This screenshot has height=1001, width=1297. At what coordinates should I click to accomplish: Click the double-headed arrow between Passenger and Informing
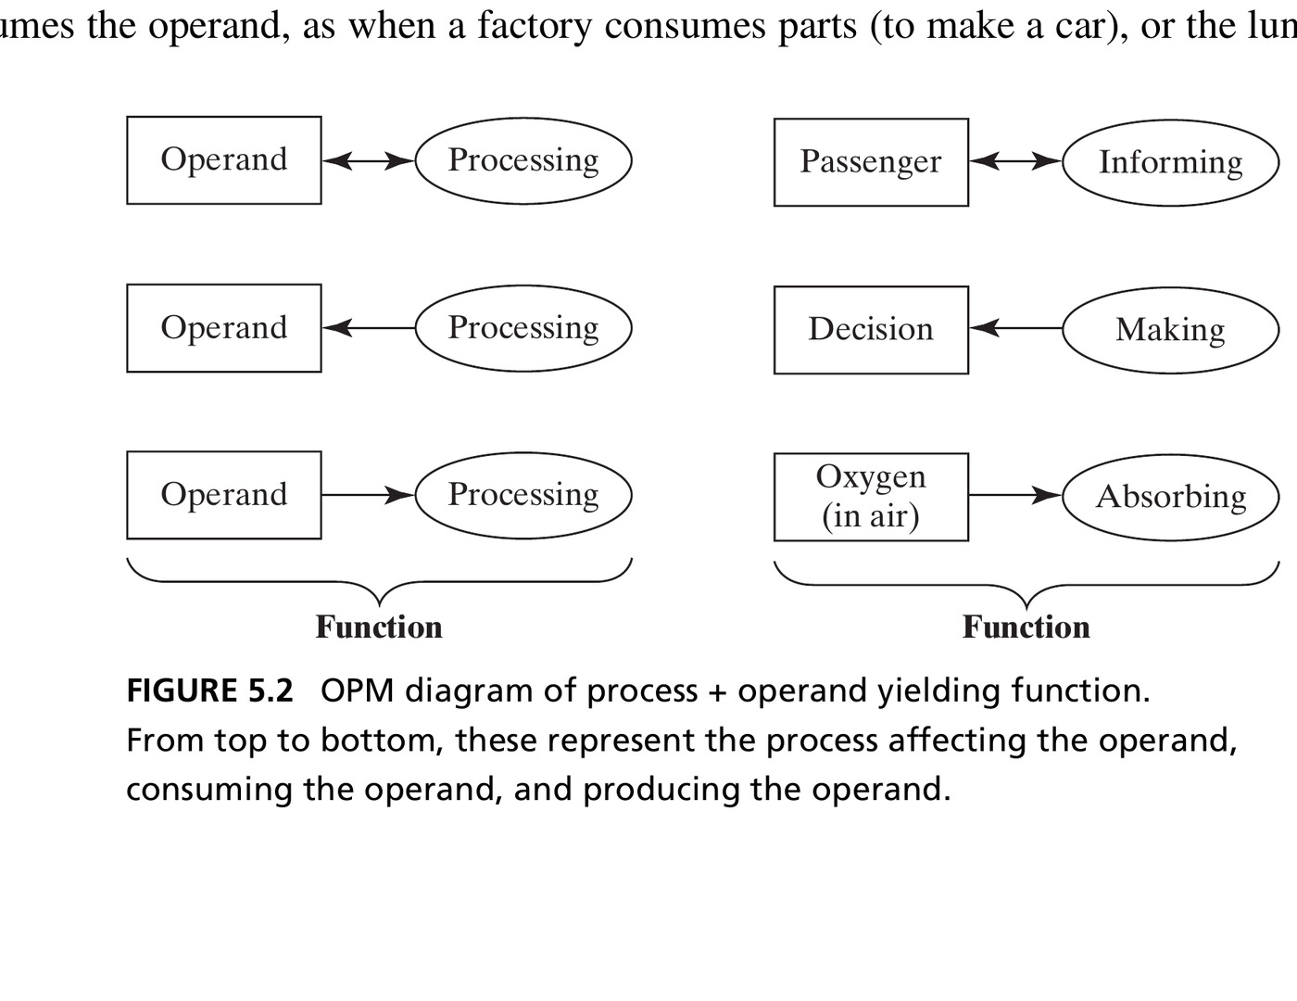coord(1015,161)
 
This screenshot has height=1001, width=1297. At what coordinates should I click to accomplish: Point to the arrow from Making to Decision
coord(1015,328)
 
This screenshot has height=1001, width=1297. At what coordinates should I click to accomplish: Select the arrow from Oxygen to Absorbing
coord(1015,495)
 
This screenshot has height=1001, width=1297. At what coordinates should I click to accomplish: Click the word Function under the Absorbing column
coord(1026,627)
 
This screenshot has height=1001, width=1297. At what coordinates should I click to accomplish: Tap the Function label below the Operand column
coord(379,627)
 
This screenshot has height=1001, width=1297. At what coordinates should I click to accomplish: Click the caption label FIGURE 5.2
coord(209,691)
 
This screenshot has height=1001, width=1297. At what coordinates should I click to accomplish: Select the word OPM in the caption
coord(357,691)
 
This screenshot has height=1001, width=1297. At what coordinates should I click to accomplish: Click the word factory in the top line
coord(535,27)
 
